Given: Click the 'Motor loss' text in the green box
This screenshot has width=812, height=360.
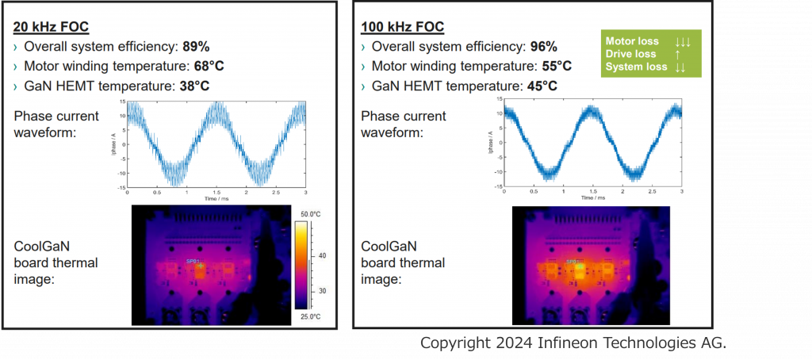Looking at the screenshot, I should pos(632,41).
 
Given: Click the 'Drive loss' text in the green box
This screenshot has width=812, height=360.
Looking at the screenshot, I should pos(631,54).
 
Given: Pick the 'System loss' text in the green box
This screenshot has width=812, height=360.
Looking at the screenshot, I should pos(636,67).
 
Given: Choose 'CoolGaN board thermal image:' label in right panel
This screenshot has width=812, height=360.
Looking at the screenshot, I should pos(403,262).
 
